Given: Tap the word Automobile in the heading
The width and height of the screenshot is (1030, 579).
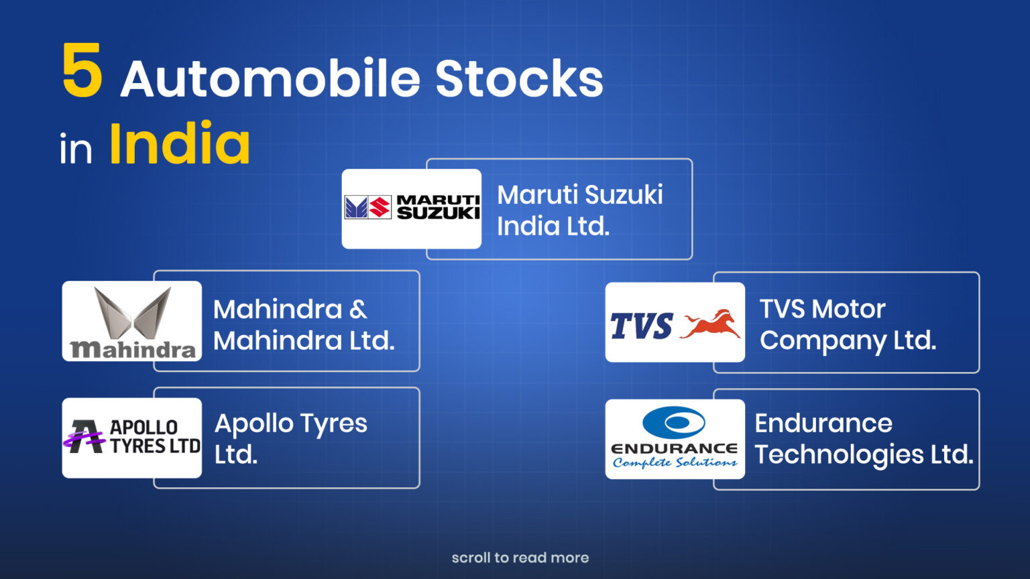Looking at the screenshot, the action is pyautogui.click(x=271, y=78).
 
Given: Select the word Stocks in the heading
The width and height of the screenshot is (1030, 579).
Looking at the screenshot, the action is pyautogui.click(x=519, y=78).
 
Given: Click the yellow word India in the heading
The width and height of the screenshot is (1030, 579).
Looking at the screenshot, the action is pyautogui.click(x=180, y=143).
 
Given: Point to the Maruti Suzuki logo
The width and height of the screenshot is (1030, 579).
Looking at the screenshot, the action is pyautogui.click(x=412, y=208).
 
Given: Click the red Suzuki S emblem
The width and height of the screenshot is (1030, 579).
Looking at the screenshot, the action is pyautogui.click(x=380, y=207).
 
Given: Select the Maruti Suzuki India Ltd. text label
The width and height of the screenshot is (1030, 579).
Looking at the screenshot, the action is pyautogui.click(x=580, y=210).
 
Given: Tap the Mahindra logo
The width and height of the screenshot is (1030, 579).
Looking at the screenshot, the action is pyautogui.click(x=132, y=321).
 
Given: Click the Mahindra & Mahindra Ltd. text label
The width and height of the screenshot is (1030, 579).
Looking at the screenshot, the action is pyautogui.click(x=304, y=324).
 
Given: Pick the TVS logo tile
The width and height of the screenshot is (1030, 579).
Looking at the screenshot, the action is pyautogui.click(x=675, y=322).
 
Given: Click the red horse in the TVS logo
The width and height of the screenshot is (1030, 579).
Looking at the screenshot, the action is pyautogui.click(x=710, y=324).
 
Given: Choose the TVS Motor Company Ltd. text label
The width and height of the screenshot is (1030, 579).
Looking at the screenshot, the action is pyautogui.click(x=848, y=325).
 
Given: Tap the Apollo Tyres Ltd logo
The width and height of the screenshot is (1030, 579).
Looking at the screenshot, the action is pyautogui.click(x=132, y=438).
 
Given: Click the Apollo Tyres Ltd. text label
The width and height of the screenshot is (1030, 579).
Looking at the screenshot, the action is pyautogui.click(x=290, y=439).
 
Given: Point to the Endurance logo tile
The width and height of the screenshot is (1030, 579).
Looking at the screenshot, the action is pyautogui.click(x=675, y=439).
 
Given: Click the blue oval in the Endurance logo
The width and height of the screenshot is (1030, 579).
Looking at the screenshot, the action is pyautogui.click(x=674, y=422).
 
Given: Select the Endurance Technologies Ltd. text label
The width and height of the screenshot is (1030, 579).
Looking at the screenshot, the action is pyautogui.click(x=864, y=440).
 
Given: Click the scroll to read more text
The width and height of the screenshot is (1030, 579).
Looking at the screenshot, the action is pyautogui.click(x=520, y=558).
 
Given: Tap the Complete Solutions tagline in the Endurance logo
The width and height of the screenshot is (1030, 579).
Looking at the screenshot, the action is pyautogui.click(x=675, y=462).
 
